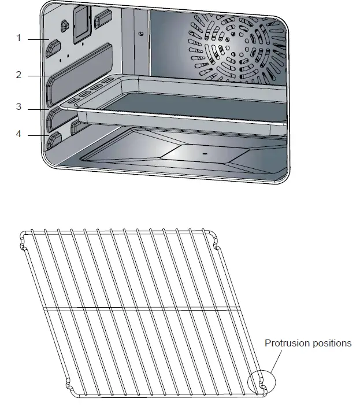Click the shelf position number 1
point(18,38)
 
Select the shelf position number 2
point(18,75)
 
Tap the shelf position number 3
point(18,107)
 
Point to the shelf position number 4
point(18,134)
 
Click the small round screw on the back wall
point(142,34)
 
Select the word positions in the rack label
point(330,344)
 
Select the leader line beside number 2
point(36,76)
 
